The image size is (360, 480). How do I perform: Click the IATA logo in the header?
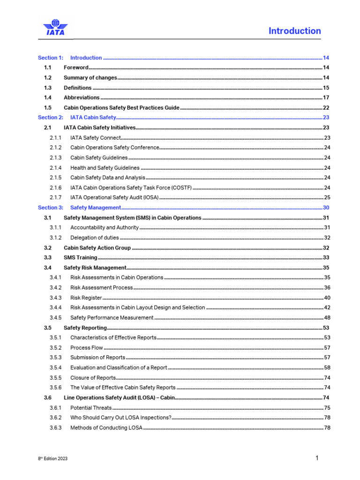55,28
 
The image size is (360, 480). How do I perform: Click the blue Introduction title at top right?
294,31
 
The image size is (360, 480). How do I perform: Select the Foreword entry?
76,67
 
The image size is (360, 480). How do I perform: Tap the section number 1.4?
48,97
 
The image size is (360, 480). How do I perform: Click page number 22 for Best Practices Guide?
326,107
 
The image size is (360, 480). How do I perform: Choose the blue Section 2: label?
50,118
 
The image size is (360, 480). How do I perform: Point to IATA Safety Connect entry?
96,138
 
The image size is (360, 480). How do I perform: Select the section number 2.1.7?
55,197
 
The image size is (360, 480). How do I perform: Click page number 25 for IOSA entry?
327,197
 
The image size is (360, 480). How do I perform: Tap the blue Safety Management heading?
96,207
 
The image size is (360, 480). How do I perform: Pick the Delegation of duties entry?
94,238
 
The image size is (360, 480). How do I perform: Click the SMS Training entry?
80,257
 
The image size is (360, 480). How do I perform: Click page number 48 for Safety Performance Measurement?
327,317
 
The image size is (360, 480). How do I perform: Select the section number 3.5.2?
55,348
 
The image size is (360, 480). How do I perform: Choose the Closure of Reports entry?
93,377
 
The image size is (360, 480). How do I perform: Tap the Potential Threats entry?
91,408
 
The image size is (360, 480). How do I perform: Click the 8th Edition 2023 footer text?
52,459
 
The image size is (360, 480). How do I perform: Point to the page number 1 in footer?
317,458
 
